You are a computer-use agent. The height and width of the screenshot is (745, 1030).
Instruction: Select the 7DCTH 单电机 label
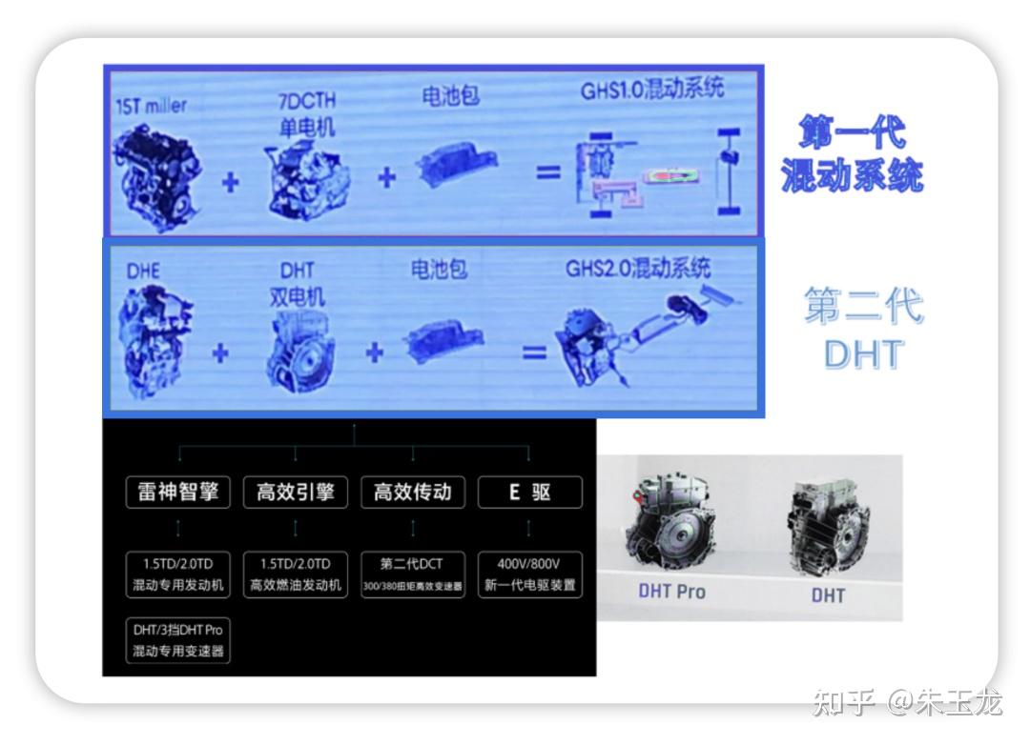pos(306,113)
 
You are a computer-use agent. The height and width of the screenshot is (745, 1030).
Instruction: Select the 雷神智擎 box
pos(178,492)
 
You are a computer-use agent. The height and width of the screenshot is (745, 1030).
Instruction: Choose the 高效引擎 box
pos(295,492)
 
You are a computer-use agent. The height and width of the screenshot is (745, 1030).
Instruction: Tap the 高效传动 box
pos(412,492)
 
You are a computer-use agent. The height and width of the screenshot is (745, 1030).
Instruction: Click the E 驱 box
pos(529,492)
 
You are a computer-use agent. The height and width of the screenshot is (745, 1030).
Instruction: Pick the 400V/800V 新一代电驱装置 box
pos(529,574)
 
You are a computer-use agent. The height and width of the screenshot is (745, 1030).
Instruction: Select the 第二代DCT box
pos(412,574)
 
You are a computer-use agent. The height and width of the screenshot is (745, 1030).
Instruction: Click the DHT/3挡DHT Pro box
pos(178,640)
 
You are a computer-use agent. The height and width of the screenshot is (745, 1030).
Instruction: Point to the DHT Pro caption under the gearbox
pos(671,592)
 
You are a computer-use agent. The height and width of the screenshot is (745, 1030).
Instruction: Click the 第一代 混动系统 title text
pos(852,154)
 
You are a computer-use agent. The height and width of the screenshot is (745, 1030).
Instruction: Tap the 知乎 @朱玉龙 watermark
pos(906,703)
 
